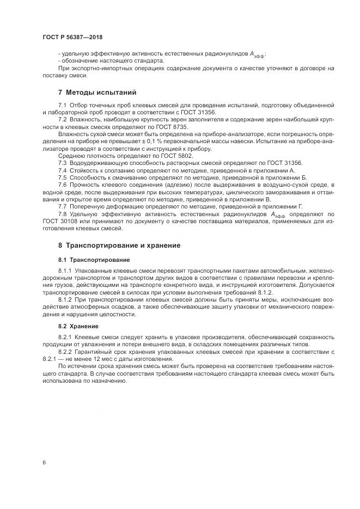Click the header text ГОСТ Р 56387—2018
tap(72, 38)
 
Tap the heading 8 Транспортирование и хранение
tap(119, 246)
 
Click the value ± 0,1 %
tap(161, 141)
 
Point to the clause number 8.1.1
tap(64, 271)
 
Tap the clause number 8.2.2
tap(64, 352)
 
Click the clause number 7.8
tap(63, 214)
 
